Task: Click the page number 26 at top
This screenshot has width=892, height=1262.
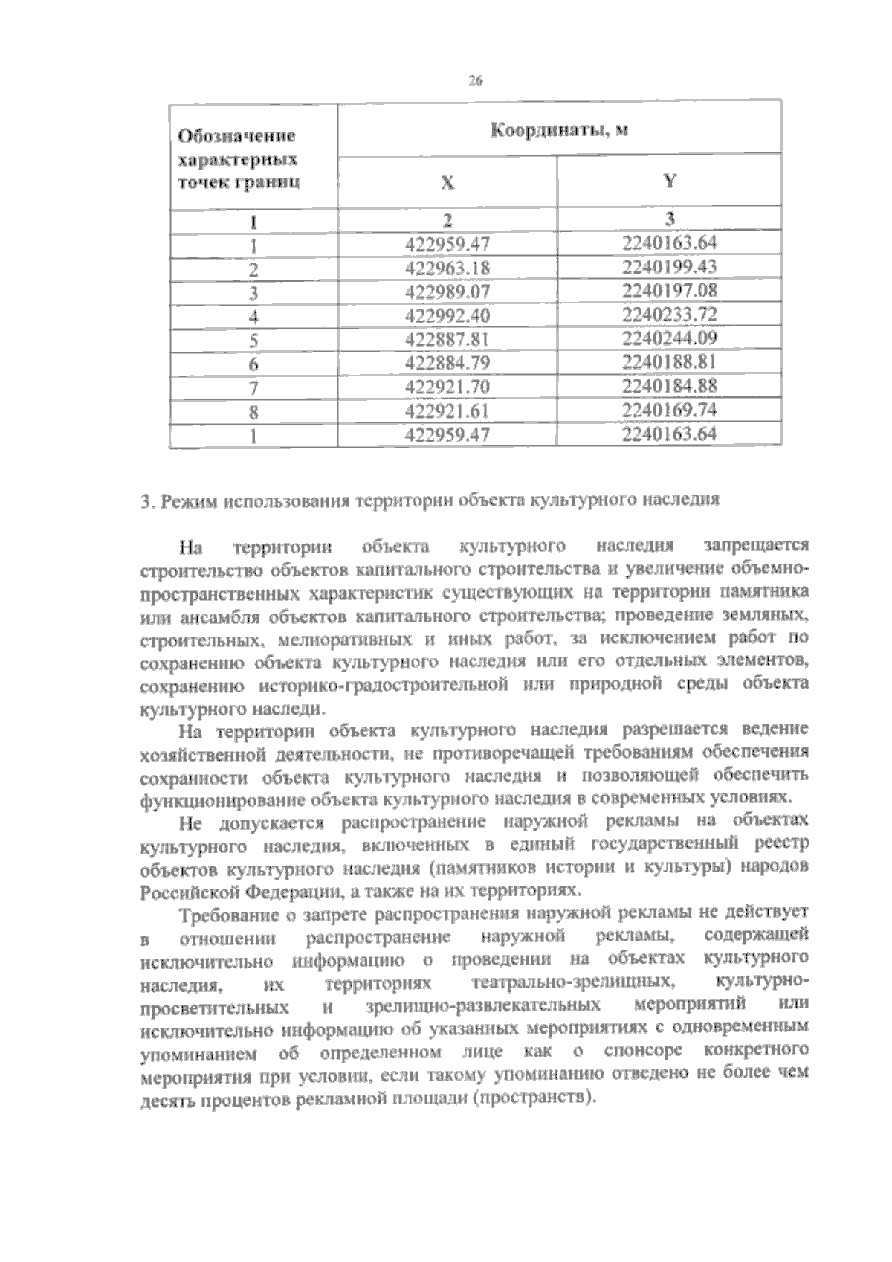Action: (x=476, y=82)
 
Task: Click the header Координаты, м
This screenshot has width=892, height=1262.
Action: (x=559, y=130)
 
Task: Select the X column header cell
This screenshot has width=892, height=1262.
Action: (x=447, y=182)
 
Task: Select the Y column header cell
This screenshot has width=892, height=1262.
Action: (x=669, y=181)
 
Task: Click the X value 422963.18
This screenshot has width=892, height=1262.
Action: (x=448, y=268)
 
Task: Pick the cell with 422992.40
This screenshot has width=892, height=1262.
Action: (x=448, y=315)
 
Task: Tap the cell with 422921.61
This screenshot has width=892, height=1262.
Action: (x=448, y=411)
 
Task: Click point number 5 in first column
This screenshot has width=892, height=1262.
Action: (x=253, y=340)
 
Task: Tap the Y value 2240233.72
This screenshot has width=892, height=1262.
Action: (x=669, y=315)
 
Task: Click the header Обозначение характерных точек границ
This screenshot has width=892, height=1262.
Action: (x=238, y=158)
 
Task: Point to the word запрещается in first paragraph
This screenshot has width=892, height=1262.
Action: (x=756, y=546)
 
